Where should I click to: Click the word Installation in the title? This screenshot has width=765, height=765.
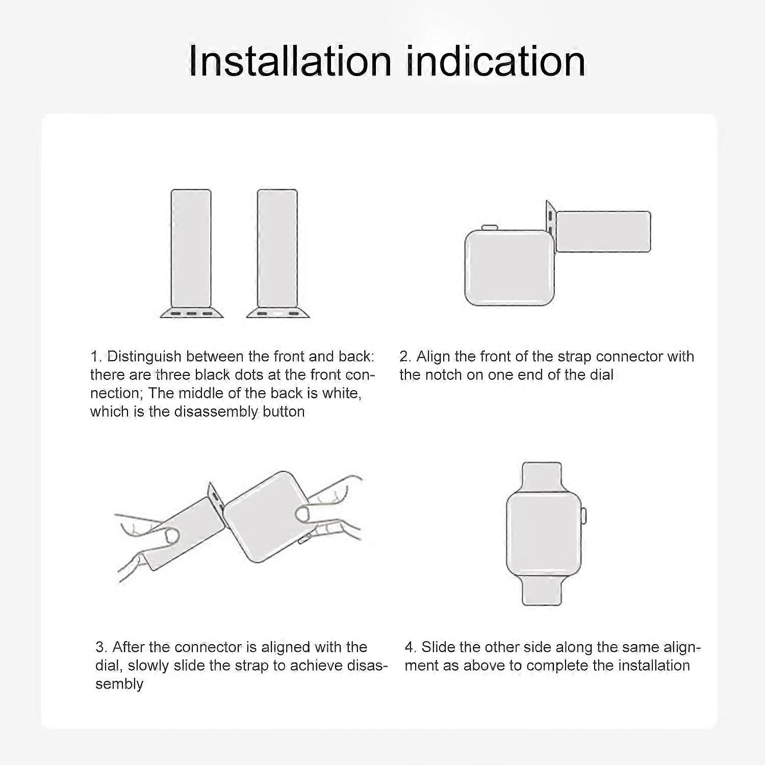290,61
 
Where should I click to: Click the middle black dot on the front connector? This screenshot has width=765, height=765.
191,313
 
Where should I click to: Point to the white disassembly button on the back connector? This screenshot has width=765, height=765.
277,313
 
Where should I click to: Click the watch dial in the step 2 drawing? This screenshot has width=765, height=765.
509,268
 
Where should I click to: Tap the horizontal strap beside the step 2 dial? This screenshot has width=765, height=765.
602,232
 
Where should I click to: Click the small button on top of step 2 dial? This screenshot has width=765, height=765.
490,227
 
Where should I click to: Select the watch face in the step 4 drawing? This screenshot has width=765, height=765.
544,533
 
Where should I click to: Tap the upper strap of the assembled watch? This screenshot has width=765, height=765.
542,477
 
